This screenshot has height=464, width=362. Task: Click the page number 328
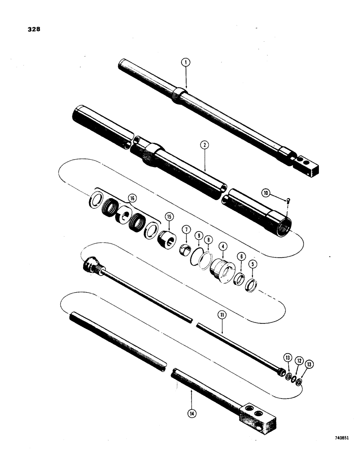34,29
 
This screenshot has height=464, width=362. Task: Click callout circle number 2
205,145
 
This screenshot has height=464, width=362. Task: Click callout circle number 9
198,236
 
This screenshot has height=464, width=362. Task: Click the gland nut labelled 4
221,271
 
